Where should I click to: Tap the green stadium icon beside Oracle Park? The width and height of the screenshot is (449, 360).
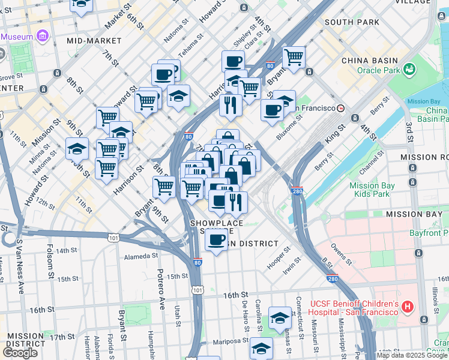point(410,70)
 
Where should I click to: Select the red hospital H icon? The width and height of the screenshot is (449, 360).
point(408,307)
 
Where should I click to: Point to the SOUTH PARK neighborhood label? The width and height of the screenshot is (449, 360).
point(352,22)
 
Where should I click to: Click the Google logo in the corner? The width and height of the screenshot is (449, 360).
point(20,353)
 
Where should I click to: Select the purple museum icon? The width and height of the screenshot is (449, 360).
point(43,37)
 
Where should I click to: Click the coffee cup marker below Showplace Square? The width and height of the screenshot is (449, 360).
point(217,241)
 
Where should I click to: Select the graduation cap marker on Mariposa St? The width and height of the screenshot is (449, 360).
point(261,348)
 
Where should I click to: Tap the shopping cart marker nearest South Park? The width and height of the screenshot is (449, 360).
point(294,58)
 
